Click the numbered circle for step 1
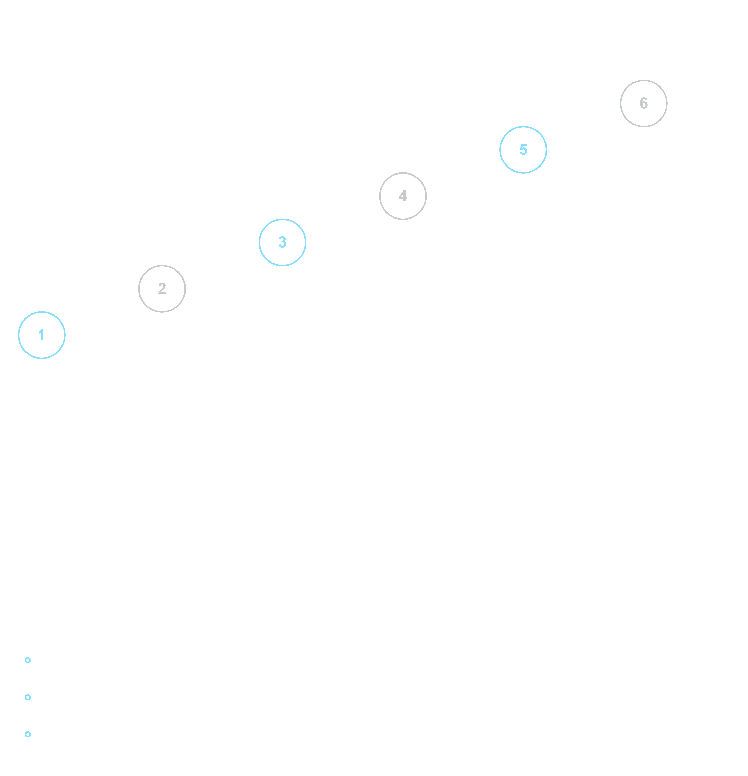click(x=42, y=335)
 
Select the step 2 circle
click(x=162, y=289)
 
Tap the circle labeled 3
click(x=282, y=242)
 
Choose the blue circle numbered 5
click(x=523, y=150)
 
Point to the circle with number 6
click(x=644, y=103)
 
